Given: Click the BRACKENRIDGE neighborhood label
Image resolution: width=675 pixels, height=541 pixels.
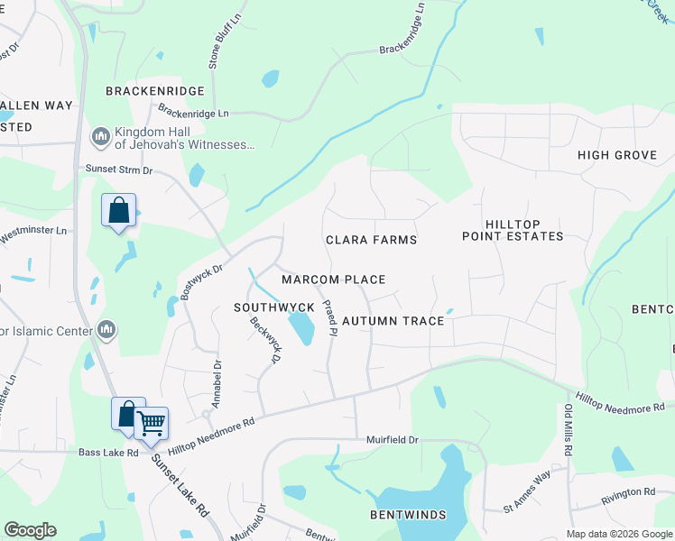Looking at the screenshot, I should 155,91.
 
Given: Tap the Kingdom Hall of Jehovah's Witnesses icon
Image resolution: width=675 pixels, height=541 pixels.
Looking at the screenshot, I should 100,136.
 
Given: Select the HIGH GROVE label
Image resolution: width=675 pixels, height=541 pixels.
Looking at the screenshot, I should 616,155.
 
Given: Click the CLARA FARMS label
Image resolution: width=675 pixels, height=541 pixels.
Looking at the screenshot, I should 371,240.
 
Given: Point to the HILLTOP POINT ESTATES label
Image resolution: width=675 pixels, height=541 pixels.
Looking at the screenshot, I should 512,230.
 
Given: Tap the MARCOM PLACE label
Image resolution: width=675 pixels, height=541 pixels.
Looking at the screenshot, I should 333,280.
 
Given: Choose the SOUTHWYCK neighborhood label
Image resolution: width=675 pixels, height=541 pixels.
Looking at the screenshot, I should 273,307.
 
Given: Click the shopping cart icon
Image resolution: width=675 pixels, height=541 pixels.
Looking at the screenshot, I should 151,421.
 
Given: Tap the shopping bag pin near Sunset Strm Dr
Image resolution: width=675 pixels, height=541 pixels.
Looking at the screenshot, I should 118,211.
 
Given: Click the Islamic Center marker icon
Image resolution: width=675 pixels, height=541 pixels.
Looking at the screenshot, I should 106,330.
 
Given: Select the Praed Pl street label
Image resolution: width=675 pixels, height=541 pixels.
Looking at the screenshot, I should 328,318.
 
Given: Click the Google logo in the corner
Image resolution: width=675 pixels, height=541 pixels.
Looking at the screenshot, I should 30,530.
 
